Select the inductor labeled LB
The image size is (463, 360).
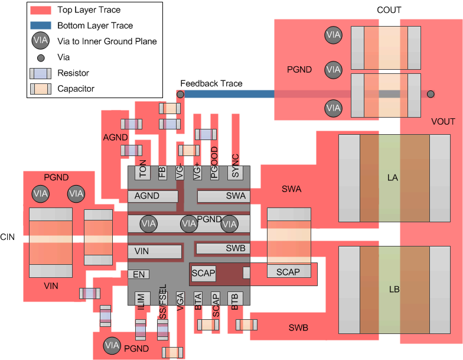coord(394,290)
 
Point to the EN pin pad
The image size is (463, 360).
coord(139,274)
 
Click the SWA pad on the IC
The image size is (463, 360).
coord(223,196)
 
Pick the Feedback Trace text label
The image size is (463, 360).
coord(211,83)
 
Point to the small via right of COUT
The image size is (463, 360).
coord(431,94)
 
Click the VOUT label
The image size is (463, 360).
coord(443,122)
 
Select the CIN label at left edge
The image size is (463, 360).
coord(7,236)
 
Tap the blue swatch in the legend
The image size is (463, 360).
coord(40,25)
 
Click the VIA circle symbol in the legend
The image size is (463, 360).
coord(40,41)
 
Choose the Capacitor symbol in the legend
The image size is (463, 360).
coord(40,89)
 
